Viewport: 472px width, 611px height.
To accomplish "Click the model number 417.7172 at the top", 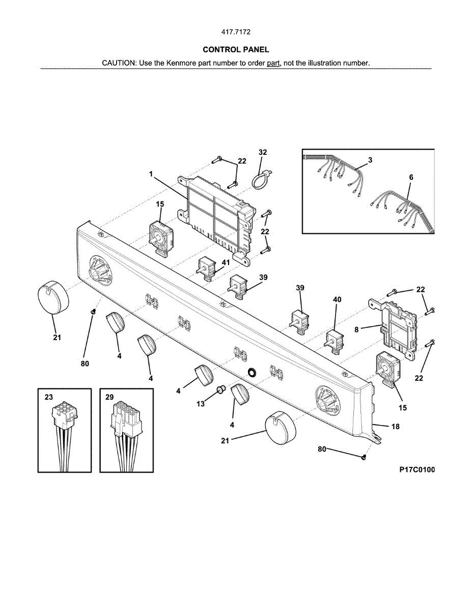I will (236, 32).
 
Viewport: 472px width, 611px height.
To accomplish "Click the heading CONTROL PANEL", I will (236, 49).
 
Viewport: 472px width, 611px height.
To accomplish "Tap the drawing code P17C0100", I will (417, 470).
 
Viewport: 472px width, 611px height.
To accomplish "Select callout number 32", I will (263, 152).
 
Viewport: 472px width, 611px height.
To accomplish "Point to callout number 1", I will (151, 174).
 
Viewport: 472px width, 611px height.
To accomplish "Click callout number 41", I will (226, 262).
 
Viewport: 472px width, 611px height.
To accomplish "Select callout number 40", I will (337, 300).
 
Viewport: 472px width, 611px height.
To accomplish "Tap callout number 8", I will (357, 329).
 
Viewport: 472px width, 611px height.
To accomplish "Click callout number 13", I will (201, 404).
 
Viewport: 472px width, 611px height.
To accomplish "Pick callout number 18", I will (395, 427).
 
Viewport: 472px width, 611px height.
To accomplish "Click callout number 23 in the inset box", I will (49, 398).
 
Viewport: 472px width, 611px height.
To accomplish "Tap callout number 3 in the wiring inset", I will (370, 160).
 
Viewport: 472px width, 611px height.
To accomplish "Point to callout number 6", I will (411, 177).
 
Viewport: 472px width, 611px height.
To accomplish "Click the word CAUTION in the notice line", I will (119, 63).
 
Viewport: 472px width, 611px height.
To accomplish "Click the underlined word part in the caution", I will (273, 63).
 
